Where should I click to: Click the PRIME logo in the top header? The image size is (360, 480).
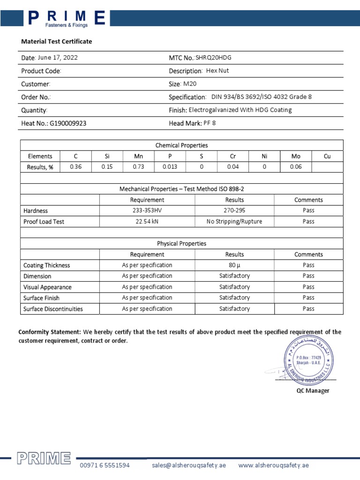click(65, 18)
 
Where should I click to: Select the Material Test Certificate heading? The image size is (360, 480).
click(57, 42)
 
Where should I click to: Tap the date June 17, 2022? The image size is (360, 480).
click(58, 58)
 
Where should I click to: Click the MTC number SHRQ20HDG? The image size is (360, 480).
click(213, 58)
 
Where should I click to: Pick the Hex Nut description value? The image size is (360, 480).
click(217, 71)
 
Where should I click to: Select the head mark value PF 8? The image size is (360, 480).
click(210, 123)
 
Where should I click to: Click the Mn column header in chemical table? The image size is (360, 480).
click(138, 157)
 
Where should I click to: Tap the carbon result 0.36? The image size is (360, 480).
click(75, 167)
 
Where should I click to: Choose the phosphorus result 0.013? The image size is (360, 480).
click(170, 167)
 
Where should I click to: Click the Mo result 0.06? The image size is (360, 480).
click(296, 167)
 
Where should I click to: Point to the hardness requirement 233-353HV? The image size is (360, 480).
click(147, 210)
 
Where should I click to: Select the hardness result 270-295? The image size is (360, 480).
click(234, 210)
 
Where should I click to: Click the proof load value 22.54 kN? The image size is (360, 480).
click(147, 222)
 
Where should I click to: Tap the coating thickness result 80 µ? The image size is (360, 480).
click(234, 265)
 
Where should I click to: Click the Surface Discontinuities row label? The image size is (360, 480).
click(53, 309)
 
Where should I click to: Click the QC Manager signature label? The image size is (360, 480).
click(313, 391)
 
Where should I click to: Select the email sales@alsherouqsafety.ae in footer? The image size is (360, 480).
click(189, 465)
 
